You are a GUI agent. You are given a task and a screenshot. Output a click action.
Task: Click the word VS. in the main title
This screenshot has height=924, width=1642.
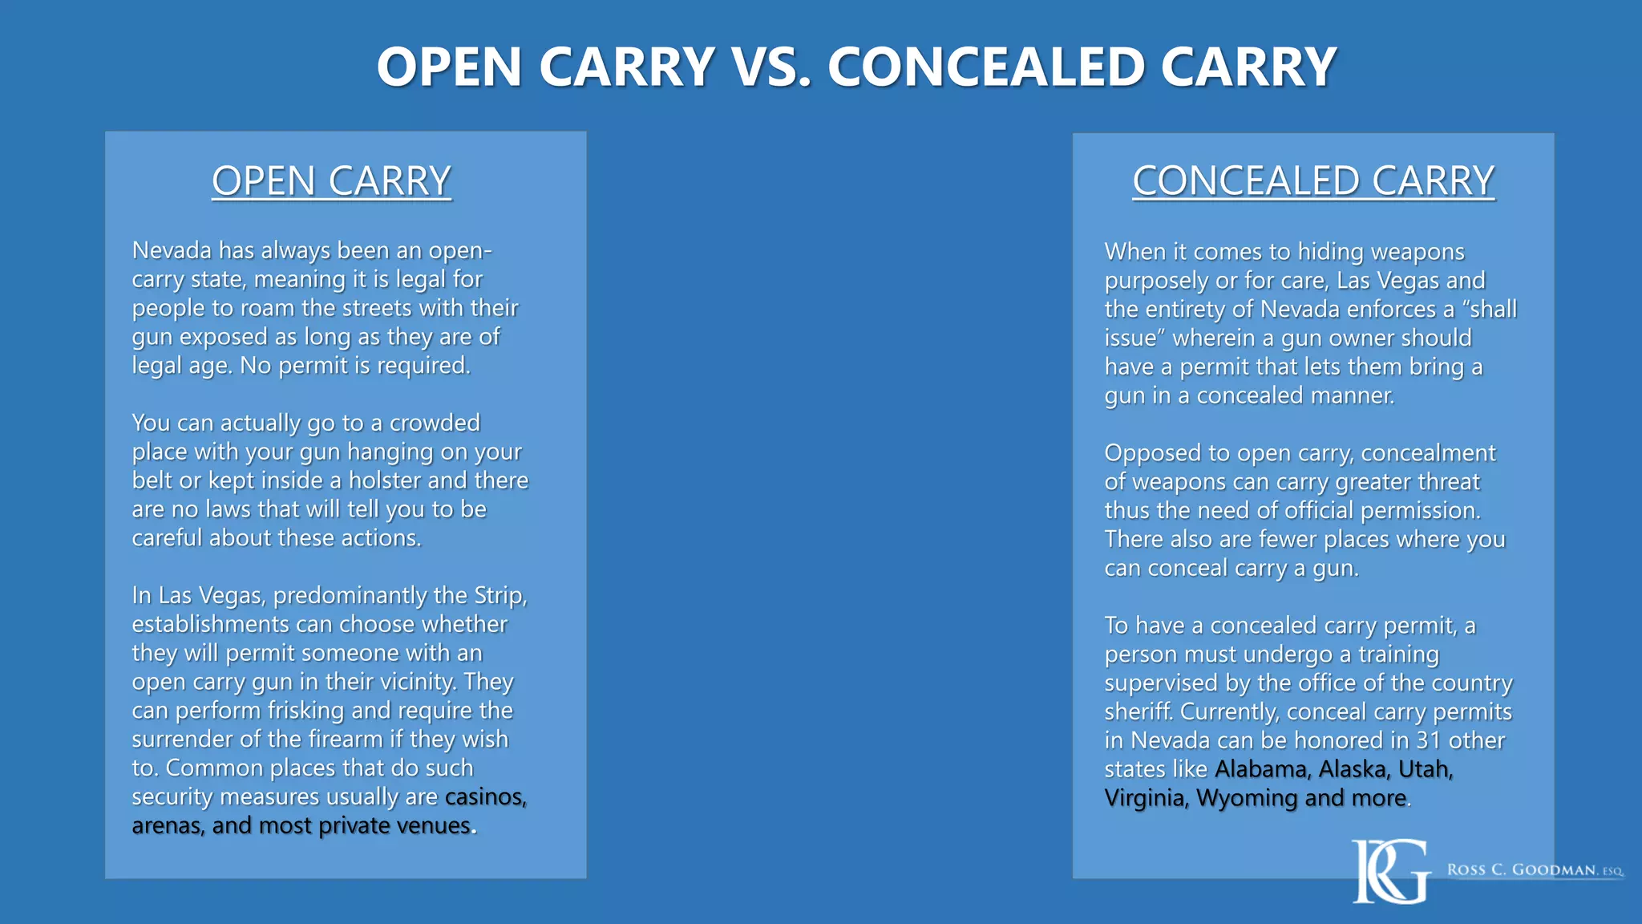click(771, 67)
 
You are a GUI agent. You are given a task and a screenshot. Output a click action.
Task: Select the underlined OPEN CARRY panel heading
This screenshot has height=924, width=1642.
click(331, 181)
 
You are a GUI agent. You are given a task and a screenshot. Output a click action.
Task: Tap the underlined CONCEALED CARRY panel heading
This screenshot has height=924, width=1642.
click(1313, 181)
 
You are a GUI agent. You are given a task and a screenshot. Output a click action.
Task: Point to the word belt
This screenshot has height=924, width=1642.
click(152, 480)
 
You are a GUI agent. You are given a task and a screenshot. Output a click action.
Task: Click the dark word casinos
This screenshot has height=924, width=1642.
click(485, 797)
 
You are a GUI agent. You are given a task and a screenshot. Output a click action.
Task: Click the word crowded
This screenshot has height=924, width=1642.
click(435, 423)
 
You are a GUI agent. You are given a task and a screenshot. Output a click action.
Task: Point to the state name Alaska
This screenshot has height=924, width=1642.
click(1354, 769)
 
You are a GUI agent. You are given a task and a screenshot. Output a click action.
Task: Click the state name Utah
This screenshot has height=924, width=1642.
click(1425, 769)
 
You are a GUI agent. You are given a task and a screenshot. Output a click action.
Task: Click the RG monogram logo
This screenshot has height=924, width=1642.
click(1390, 871)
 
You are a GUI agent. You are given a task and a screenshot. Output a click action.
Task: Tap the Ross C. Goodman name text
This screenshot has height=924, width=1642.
click(1535, 870)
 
